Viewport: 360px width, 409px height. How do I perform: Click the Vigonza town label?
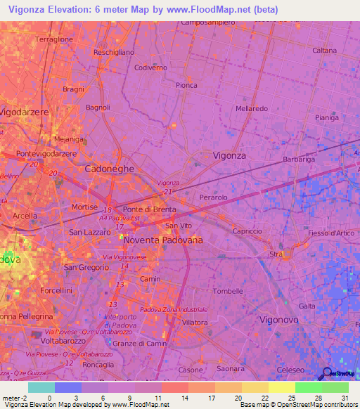pos(229,155)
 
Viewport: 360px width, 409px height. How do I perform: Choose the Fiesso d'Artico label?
pos(333,233)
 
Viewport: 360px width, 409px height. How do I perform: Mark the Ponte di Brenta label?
pos(149,210)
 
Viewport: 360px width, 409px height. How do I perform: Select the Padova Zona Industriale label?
pos(174,309)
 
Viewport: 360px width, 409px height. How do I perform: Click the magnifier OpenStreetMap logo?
pos(326,373)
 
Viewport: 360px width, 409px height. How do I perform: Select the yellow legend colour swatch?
pos(281,387)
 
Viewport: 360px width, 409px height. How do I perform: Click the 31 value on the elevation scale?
pos(345,397)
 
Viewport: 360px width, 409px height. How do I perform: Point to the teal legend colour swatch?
pos(41,387)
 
